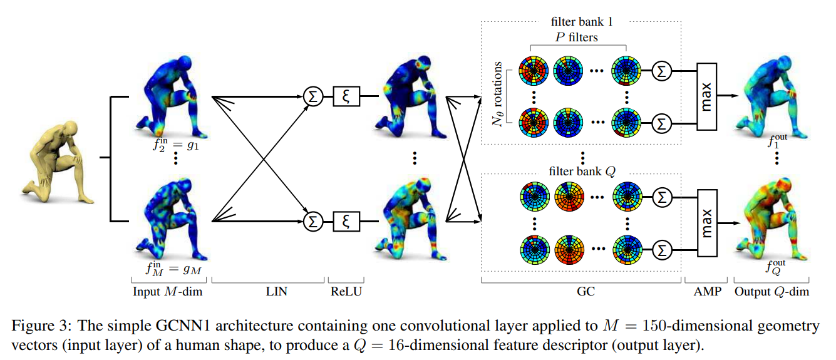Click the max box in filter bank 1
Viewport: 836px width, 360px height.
[x=705, y=96]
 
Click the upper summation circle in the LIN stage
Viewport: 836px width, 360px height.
[x=312, y=96]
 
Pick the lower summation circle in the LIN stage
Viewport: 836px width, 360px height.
[x=312, y=220]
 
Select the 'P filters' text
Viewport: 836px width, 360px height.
[x=577, y=37]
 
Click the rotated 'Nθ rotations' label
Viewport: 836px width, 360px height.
[x=498, y=94]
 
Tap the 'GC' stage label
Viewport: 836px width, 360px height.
[x=581, y=291]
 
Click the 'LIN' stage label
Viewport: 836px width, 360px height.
[x=276, y=291]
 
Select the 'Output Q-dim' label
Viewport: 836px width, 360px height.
[x=771, y=291]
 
